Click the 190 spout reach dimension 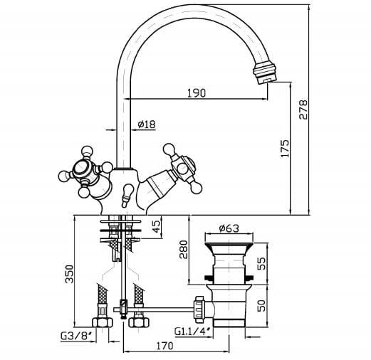tap(197, 93)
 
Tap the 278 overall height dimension tap(303, 110)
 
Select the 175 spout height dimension tap(285, 149)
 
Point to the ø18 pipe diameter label tap(147, 124)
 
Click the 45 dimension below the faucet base tap(156, 227)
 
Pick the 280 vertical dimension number tap(184, 249)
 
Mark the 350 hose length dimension tap(70, 274)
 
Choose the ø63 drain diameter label tap(229, 228)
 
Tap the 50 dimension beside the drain tap(261, 306)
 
